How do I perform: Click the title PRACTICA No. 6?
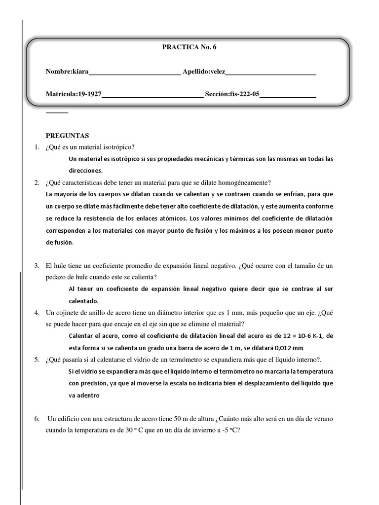click(x=189, y=47)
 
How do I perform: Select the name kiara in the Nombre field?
click(x=80, y=72)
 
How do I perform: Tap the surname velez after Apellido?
click(x=217, y=72)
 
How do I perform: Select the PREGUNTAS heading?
click(x=68, y=136)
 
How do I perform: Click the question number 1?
click(x=36, y=147)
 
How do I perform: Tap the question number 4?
click(x=36, y=313)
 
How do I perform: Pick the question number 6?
click(x=36, y=419)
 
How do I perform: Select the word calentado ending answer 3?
click(x=83, y=301)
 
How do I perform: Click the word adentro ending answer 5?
click(x=84, y=395)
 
